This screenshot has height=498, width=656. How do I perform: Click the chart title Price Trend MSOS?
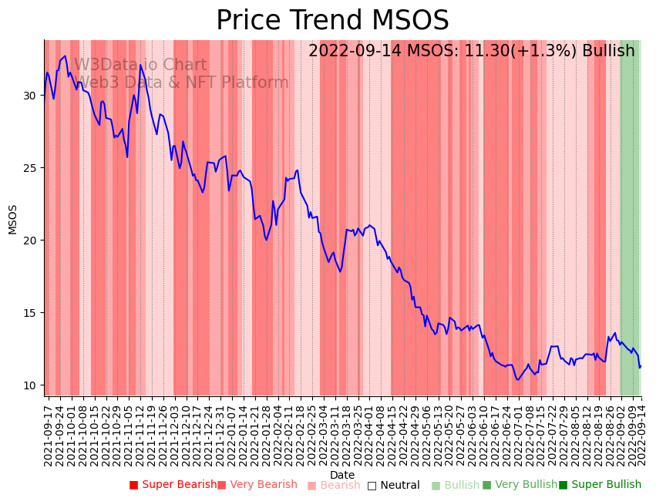point(332,21)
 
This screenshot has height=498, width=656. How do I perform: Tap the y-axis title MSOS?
point(12,220)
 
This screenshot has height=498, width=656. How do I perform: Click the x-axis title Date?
point(342,475)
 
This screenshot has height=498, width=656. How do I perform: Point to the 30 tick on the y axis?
point(30,96)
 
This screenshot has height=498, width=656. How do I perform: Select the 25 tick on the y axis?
point(30,168)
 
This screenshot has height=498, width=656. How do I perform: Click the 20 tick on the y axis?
point(30,241)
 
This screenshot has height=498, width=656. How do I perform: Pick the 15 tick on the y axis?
point(30,313)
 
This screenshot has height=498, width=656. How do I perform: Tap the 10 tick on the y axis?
point(30,385)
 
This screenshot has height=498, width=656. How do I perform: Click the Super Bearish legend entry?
point(173,485)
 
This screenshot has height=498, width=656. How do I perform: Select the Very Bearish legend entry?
point(257,485)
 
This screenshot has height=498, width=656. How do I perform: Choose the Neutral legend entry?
point(393,485)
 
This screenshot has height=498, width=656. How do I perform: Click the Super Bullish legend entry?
point(600,485)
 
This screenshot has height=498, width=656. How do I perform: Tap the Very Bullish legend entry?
point(520,485)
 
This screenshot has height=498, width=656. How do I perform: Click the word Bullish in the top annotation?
point(608,51)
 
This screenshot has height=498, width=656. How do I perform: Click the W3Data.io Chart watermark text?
point(140,66)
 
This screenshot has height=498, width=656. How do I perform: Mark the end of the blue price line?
point(641,366)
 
